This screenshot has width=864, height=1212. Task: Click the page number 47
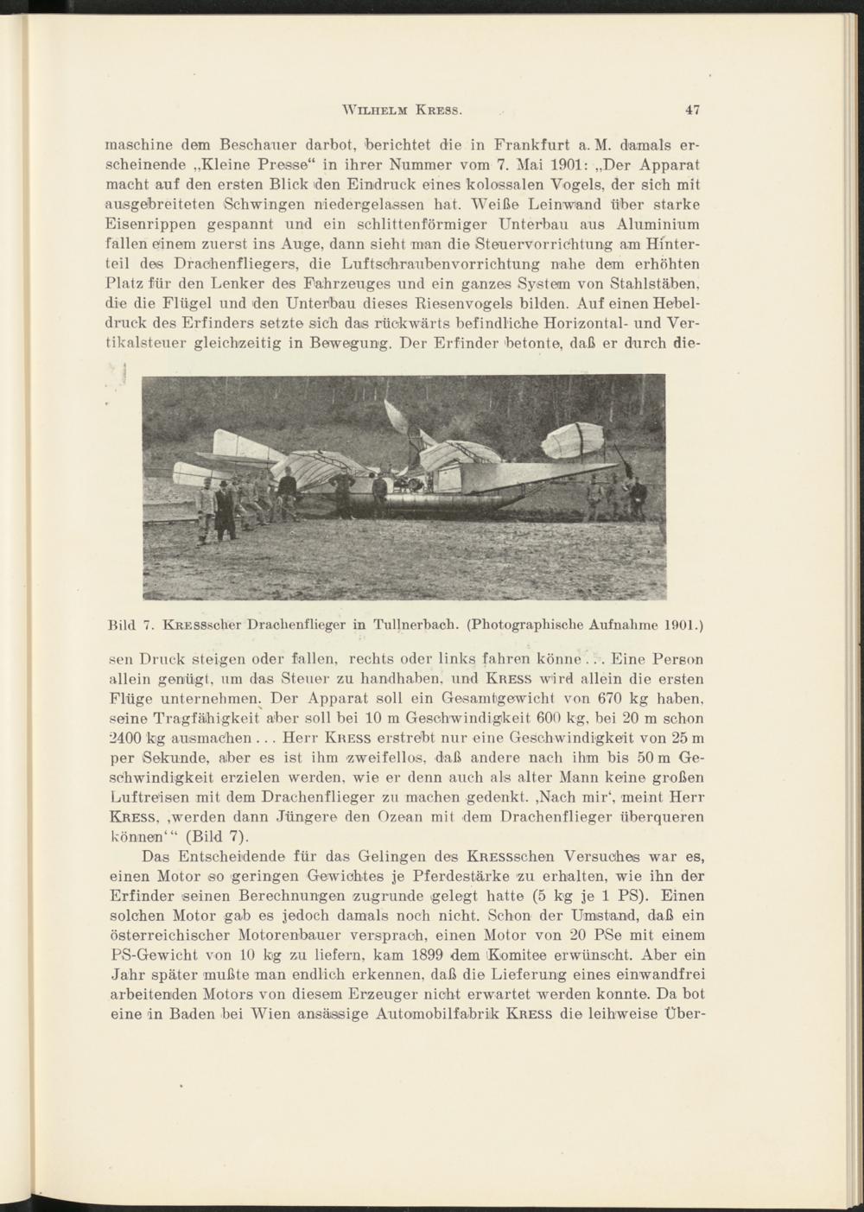point(691,110)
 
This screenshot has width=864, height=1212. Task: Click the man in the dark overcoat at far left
point(226,512)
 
